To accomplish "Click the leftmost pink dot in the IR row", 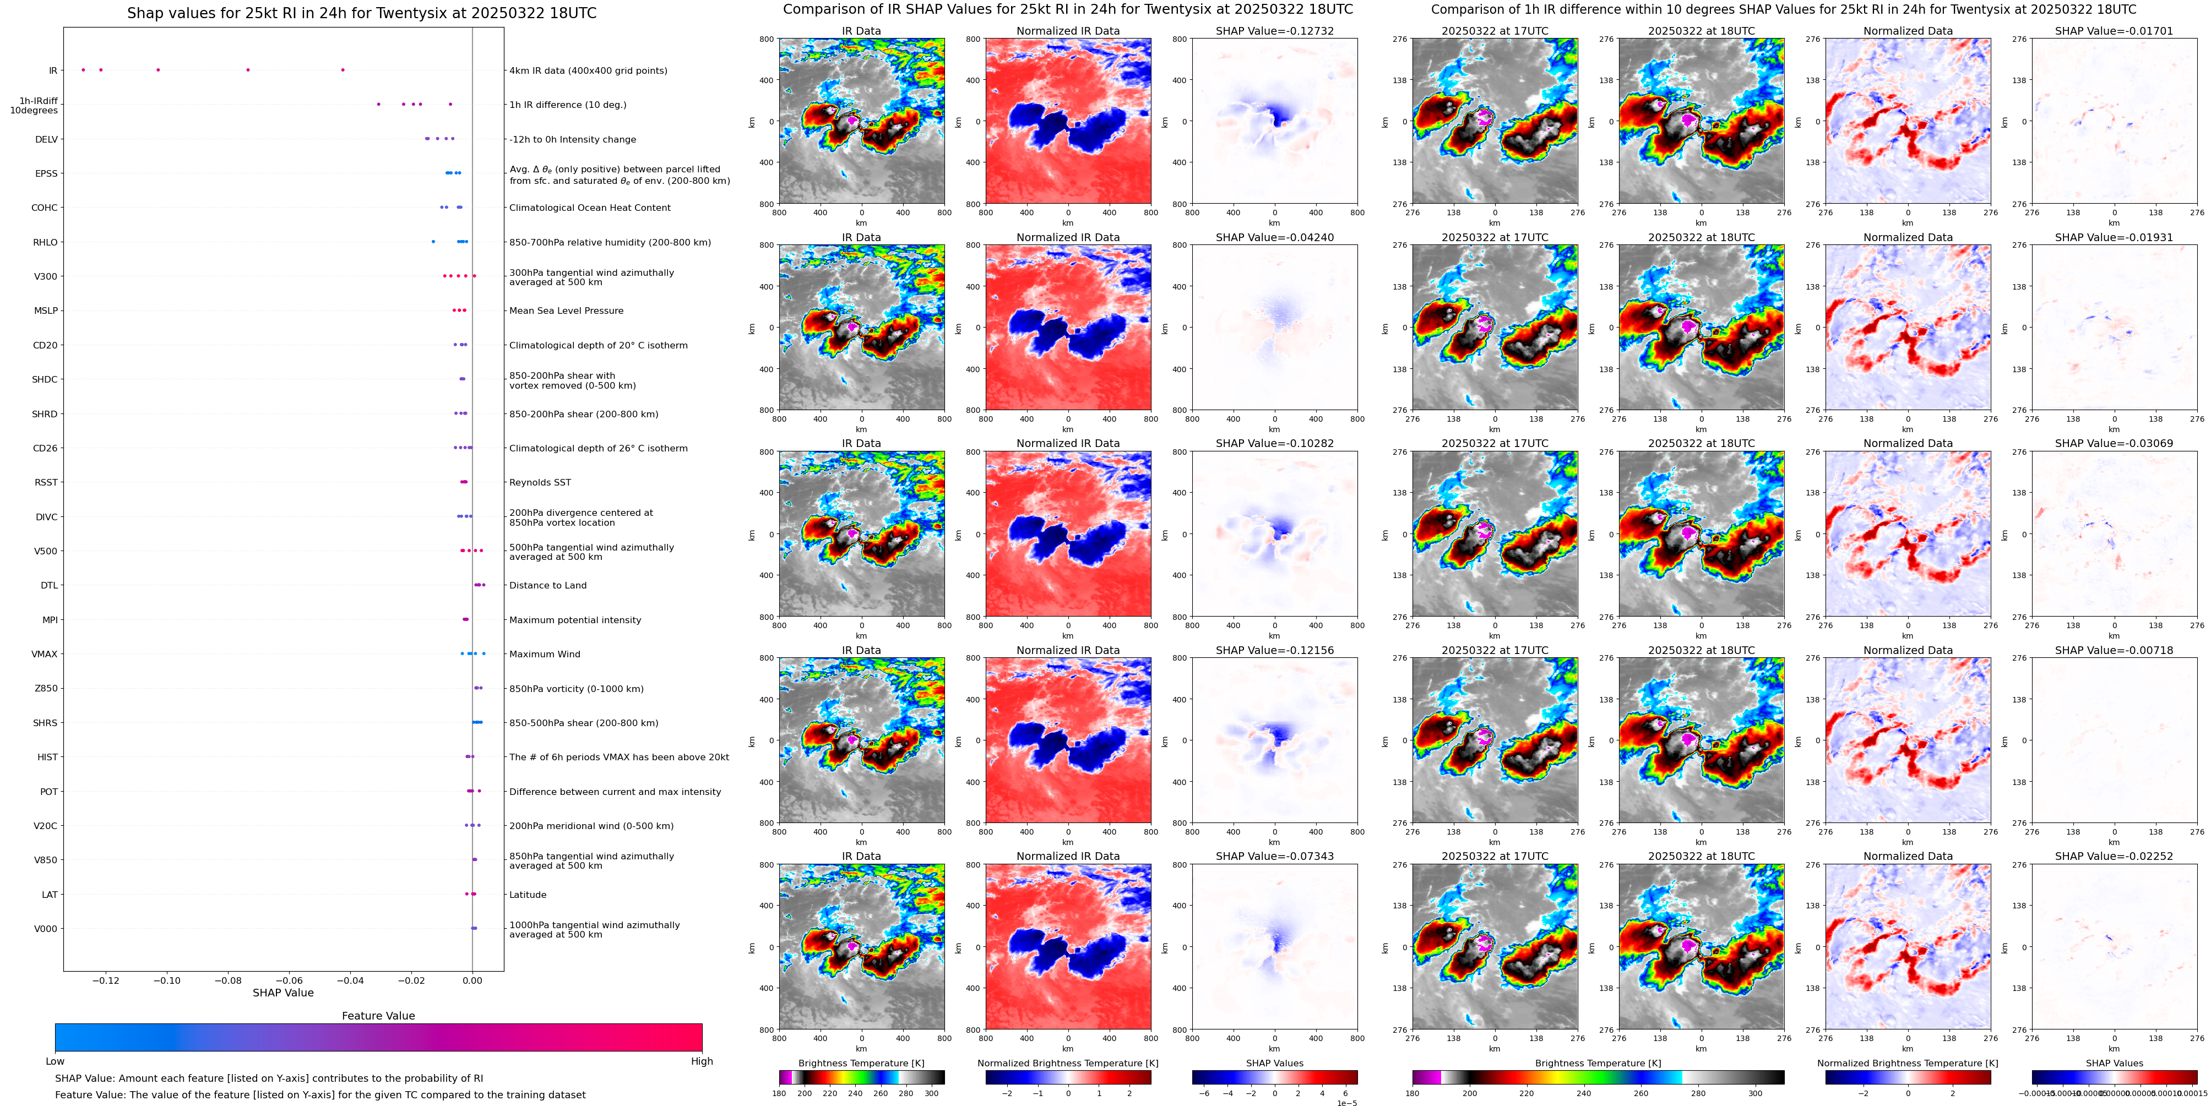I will coord(83,69).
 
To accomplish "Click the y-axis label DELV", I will coord(46,139).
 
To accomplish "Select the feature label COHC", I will coord(45,208).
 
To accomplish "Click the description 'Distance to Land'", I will coord(547,585).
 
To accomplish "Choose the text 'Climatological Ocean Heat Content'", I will coord(590,208).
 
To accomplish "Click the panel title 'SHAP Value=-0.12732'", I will coord(1274,31).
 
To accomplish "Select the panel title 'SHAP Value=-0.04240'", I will coord(1274,238).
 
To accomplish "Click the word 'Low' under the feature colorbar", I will coord(55,1061).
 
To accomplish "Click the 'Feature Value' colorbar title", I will coord(378,1016).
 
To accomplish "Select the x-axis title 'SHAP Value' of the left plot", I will coord(283,993).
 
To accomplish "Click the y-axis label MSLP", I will coord(46,310).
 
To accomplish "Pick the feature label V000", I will coord(46,928).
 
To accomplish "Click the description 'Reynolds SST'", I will coord(540,482).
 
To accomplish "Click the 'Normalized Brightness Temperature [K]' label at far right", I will coord(1907,1063).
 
